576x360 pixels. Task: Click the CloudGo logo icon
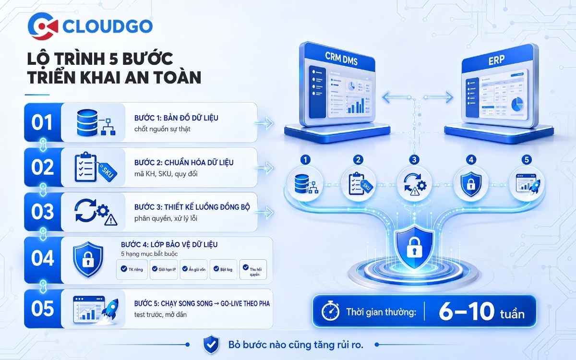tap(43, 26)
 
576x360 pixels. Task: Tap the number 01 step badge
tap(42, 122)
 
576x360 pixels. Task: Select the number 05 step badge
tap(42, 309)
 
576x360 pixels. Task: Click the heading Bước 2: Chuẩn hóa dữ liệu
tap(184, 163)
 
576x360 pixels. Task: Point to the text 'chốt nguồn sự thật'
tap(162, 129)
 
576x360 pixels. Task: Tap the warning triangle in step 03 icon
tap(111, 220)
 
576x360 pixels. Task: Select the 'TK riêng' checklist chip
tap(132, 269)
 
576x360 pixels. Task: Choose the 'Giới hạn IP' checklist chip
tap(164, 269)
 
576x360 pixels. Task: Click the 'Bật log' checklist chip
tap(223, 269)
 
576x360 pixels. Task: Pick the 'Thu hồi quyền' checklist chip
tap(253, 269)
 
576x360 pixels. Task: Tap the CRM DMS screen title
tap(341, 59)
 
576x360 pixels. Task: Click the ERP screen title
tap(496, 60)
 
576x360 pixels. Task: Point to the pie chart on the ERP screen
tap(517, 105)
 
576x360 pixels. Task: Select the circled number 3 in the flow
tap(414, 160)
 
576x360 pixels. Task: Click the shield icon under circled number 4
tap(470, 184)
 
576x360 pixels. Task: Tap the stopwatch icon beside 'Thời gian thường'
tap(330, 312)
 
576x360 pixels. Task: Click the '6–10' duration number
tap(467, 312)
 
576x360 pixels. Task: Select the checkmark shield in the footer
tap(211, 345)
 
